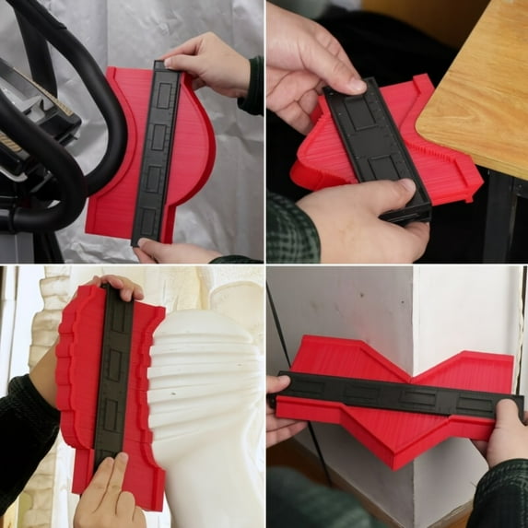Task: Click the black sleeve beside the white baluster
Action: pos(23,433)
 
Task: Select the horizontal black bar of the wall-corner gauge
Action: pos(396,398)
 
